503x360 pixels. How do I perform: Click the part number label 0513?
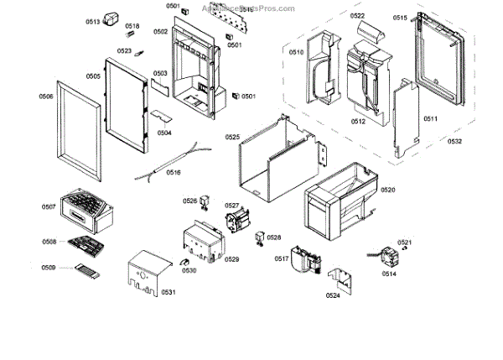pyautogui.click(x=92, y=22)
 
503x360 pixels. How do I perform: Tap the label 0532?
pyautogui.click(x=454, y=142)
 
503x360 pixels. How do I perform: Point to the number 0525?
pyautogui.click(x=232, y=137)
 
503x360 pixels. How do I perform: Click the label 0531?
pyautogui.click(x=169, y=292)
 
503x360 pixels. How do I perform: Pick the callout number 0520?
pyautogui.click(x=387, y=190)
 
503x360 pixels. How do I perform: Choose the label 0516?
pyautogui.click(x=174, y=173)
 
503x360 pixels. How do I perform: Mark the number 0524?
pyautogui.click(x=333, y=295)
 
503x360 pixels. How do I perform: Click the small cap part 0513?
pyautogui.click(x=112, y=23)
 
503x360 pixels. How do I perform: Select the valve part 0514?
pyautogui.click(x=387, y=257)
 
